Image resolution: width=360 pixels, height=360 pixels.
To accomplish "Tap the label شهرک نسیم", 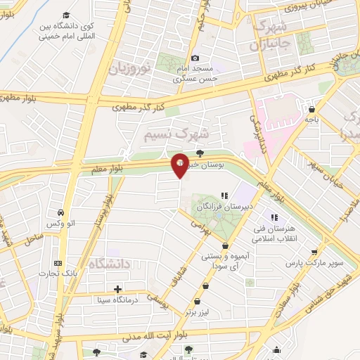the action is coord(176,132).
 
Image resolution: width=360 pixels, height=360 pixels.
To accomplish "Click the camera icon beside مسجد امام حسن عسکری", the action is coord(195,58).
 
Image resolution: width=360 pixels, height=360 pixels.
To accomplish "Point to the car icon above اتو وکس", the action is coord(62,212).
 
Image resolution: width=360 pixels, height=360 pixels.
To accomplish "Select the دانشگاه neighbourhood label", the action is coord(110,264).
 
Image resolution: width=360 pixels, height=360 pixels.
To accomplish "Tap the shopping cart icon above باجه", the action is coord(311,108).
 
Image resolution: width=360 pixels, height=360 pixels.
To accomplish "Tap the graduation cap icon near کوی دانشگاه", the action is coord(65,15).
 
